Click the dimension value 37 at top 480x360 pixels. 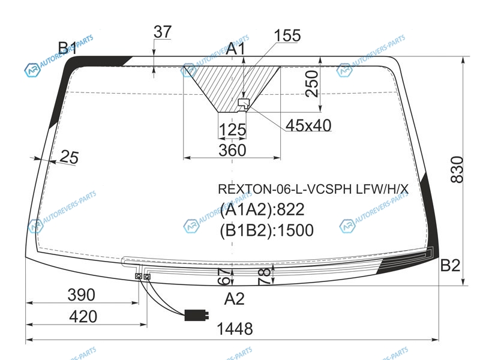pyautogui.click(x=163, y=32)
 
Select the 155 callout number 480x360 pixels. pyautogui.click(x=287, y=35)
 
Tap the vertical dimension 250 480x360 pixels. pyautogui.click(x=312, y=83)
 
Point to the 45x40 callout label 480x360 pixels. pyautogui.click(x=308, y=125)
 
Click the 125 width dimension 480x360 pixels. pyautogui.click(x=232, y=130)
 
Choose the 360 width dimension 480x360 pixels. pyautogui.click(x=232, y=151)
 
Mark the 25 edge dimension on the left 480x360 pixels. pyautogui.click(x=69, y=157)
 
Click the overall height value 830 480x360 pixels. pyautogui.click(x=457, y=169)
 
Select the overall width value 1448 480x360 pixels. pyautogui.click(x=235, y=329)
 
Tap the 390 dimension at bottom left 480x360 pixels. pyautogui.click(x=82, y=295)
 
